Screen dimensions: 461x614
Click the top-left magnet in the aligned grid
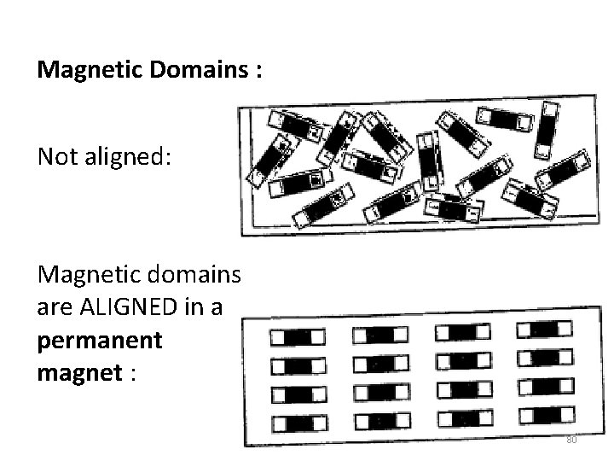297,336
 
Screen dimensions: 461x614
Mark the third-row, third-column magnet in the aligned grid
463,390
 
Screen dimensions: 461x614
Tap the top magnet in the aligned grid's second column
379,335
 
